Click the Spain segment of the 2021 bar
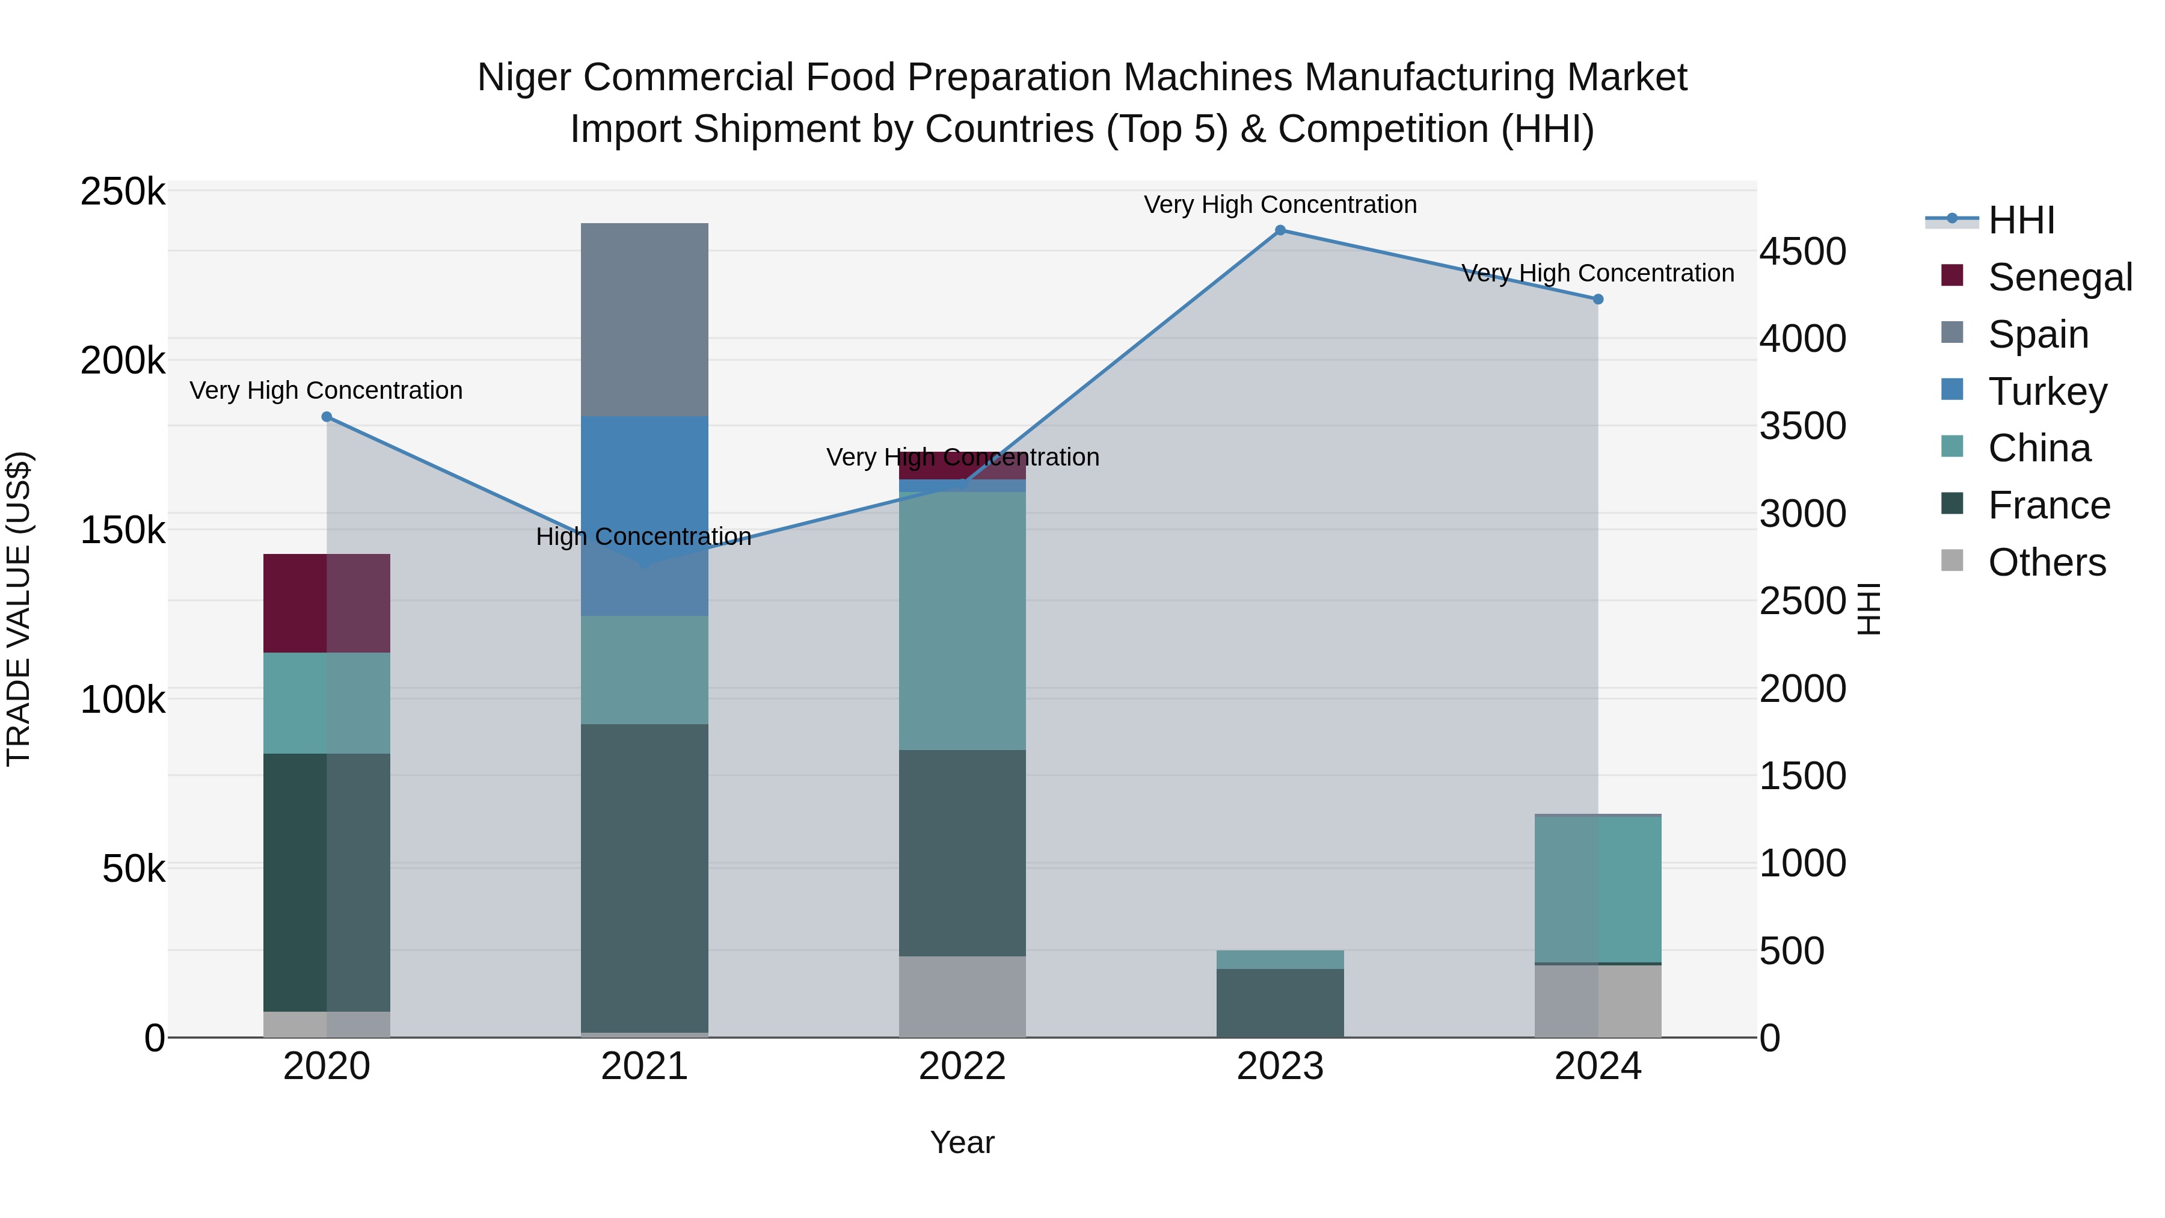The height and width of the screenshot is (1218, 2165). coord(645,319)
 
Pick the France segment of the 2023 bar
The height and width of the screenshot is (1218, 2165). coord(1280,1003)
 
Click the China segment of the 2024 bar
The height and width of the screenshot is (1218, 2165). coord(1598,888)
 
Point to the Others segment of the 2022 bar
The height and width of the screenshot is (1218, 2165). coord(962,996)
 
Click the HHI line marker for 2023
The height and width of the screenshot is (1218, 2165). coord(1280,230)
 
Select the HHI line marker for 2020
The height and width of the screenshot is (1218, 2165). coord(327,417)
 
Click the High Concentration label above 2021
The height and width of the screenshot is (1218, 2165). coord(643,537)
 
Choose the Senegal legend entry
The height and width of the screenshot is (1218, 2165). coord(2059,277)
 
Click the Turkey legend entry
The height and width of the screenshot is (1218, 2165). coord(2047,392)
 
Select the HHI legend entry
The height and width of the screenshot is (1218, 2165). coord(2021,220)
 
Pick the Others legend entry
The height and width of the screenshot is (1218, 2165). coord(2047,562)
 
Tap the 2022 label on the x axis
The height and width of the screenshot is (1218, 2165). coord(962,1066)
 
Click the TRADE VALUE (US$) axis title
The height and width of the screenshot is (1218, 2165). coord(19,609)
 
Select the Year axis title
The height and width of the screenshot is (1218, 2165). coord(962,1142)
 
